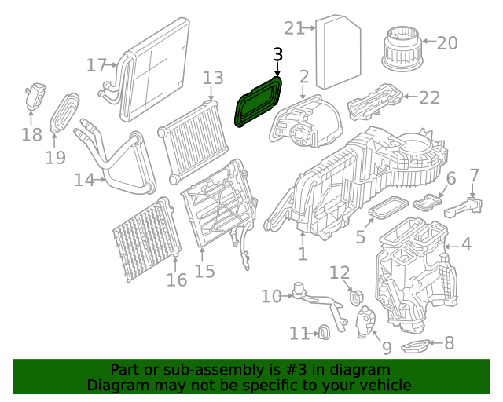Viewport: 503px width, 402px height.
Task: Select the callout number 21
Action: [294, 29]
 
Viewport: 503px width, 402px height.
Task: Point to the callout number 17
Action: [96, 65]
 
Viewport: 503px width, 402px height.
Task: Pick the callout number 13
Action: [213, 78]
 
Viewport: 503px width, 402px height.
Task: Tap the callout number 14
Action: [84, 180]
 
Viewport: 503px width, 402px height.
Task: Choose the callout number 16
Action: [177, 280]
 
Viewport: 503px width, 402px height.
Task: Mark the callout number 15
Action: [204, 272]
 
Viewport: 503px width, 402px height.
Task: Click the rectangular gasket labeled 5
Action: [383, 209]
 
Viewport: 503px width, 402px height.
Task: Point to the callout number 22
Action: [429, 97]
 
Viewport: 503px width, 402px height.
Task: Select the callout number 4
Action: [466, 245]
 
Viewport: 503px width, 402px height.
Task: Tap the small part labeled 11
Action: [322, 333]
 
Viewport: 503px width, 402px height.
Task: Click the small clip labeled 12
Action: [354, 298]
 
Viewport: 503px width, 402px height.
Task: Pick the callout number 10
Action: [271, 296]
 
